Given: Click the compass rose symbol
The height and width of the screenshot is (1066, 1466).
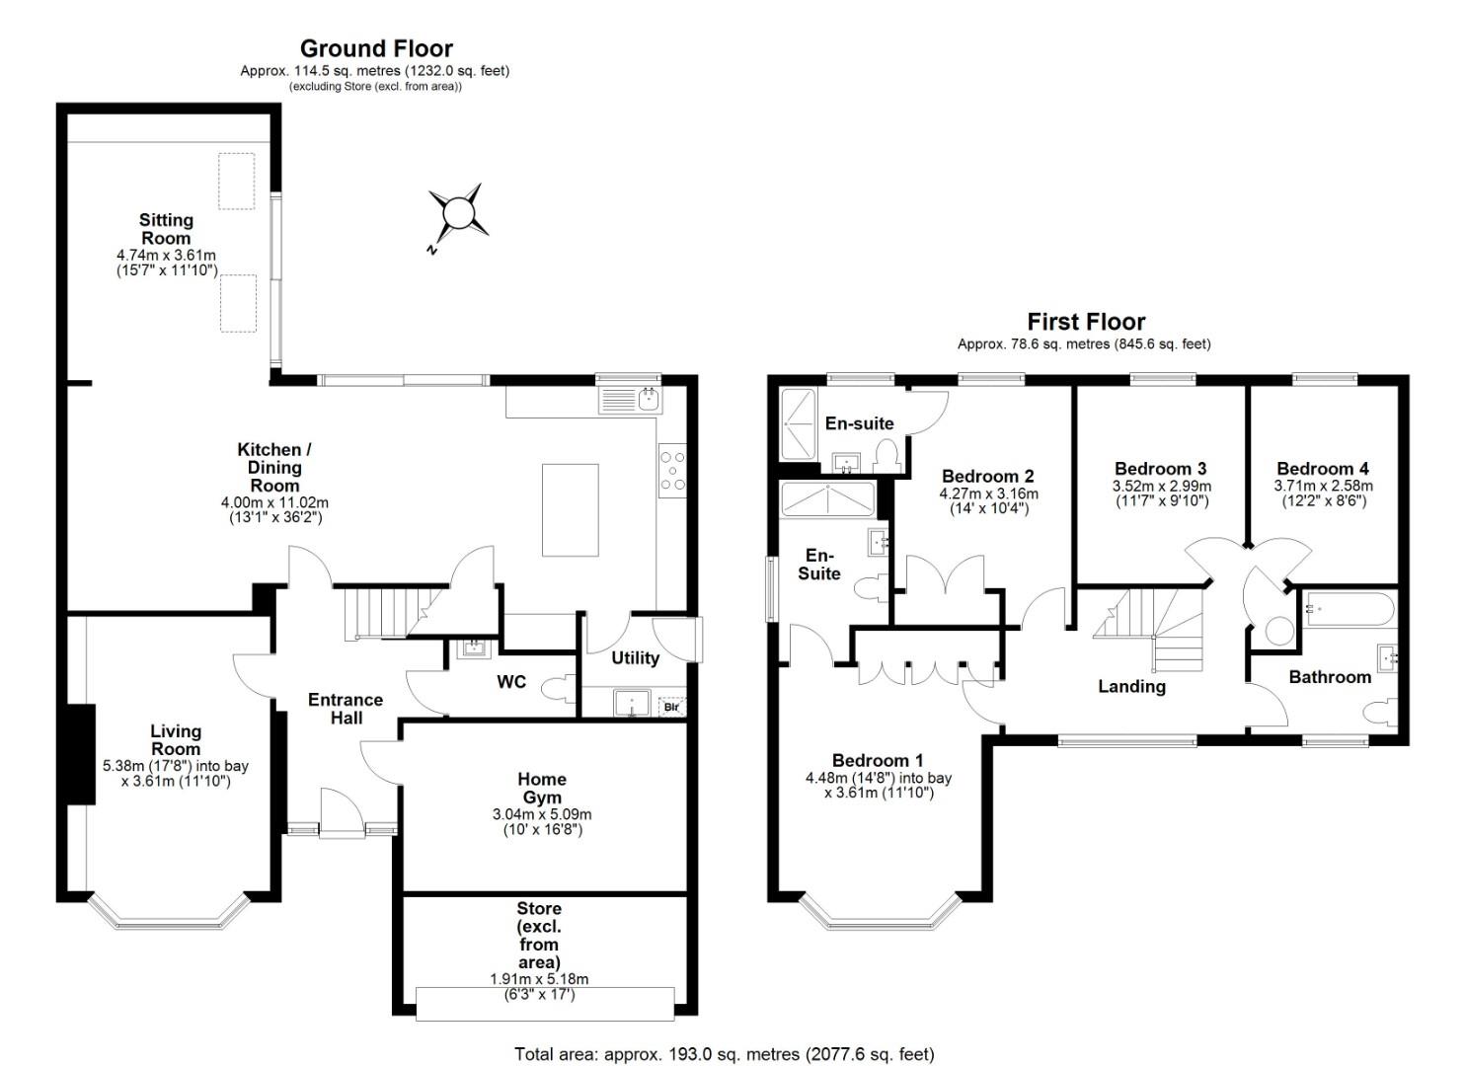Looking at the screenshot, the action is tap(457, 214).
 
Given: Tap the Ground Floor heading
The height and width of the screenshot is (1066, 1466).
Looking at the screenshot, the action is tap(376, 48).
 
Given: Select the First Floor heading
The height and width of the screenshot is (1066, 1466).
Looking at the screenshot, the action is tap(1086, 322).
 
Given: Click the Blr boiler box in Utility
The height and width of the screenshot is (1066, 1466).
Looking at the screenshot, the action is tap(671, 706).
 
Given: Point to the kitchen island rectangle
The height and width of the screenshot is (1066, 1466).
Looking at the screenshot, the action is tap(570, 509).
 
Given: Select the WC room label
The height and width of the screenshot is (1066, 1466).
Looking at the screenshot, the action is tap(511, 682).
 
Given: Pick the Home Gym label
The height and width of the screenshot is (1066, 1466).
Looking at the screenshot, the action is tap(542, 788).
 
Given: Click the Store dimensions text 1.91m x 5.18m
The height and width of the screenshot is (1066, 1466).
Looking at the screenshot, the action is tap(539, 979).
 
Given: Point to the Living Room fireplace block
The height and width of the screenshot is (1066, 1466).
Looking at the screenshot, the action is tap(81, 754).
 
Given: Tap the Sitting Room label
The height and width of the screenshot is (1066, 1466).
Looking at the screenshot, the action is tap(166, 229).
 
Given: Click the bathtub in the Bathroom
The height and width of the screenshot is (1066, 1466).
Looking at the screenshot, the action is tap(1350, 610).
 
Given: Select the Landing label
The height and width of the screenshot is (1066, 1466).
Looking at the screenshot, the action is tap(1131, 686).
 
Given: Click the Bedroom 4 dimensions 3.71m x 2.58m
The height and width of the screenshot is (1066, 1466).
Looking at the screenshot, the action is tap(1323, 487).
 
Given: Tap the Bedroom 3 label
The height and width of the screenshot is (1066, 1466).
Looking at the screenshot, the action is tap(1160, 469).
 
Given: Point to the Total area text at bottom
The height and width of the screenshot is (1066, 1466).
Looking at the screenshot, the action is tap(725, 1054).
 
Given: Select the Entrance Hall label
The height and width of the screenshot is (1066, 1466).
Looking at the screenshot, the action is tap(346, 709).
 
